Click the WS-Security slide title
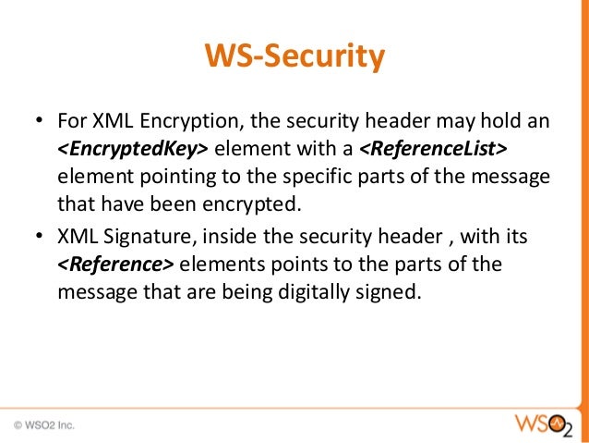click(294, 58)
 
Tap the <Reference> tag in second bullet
click(115, 264)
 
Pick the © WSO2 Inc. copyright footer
click(44, 426)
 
